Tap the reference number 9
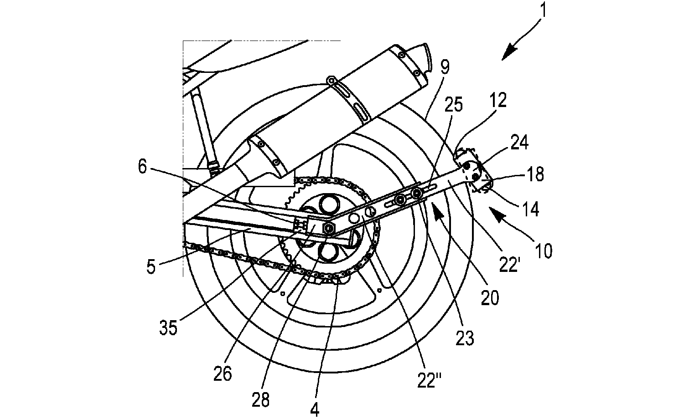point(445,68)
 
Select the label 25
point(453,106)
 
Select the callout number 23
point(465,338)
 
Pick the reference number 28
point(261,399)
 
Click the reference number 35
point(168,327)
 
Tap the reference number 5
point(151,266)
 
